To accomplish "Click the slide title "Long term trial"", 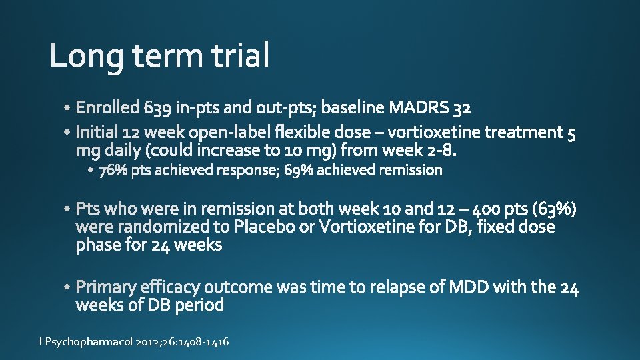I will pyautogui.click(x=160, y=55).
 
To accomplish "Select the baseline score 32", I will pyautogui.click(x=462, y=107).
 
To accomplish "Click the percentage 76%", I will pyautogui.click(x=113, y=171).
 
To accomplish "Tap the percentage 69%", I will pyautogui.click(x=299, y=171).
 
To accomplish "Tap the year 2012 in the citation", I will pyautogui.click(x=149, y=342).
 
